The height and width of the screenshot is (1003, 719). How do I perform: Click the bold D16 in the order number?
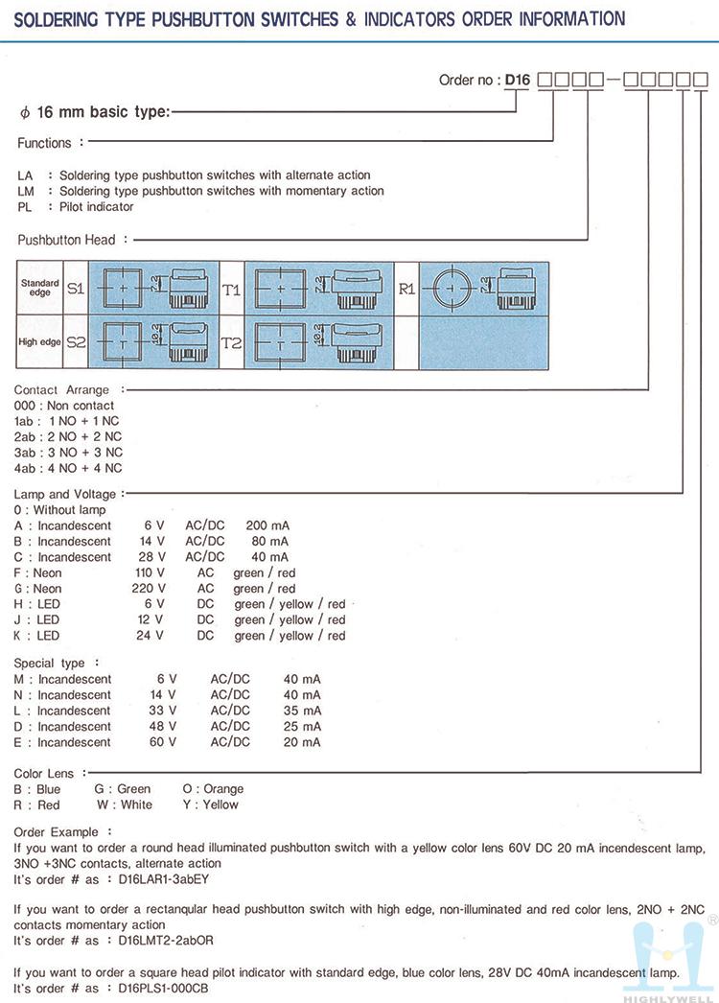point(517,81)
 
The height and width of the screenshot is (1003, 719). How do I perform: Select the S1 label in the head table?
point(76,287)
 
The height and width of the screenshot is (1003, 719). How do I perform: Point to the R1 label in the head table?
point(406,287)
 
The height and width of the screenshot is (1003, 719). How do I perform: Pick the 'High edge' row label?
point(39,342)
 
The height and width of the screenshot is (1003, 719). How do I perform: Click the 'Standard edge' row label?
point(39,287)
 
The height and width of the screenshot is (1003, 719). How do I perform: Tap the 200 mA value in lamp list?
point(267,525)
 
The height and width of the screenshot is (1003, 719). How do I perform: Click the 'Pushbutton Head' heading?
point(66,240)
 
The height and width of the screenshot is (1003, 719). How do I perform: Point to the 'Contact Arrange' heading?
point(61,389)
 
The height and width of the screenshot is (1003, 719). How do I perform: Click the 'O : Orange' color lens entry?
point(213,789)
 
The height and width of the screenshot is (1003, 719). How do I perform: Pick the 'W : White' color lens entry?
point(124,805)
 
